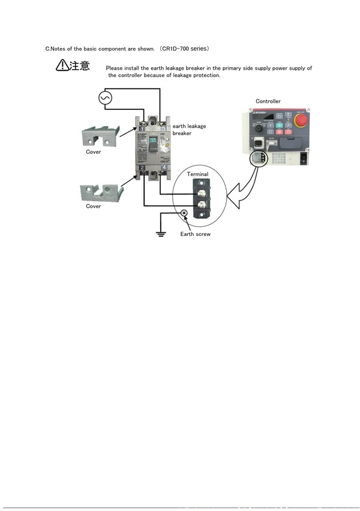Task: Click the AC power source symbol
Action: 106,98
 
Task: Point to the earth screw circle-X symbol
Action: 184,213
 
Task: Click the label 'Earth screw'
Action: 196,234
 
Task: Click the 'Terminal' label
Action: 197,174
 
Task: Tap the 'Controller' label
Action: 268,101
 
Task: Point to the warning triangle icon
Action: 63,66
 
